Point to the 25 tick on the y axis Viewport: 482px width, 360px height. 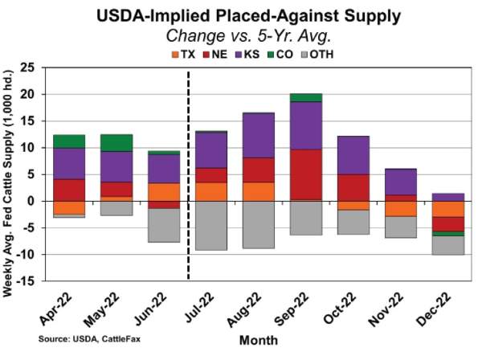point(31,67)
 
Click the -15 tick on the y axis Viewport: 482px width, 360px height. point(29,281)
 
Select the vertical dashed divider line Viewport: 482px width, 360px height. point(187,177)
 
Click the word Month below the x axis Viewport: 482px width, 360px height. point(258,340)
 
